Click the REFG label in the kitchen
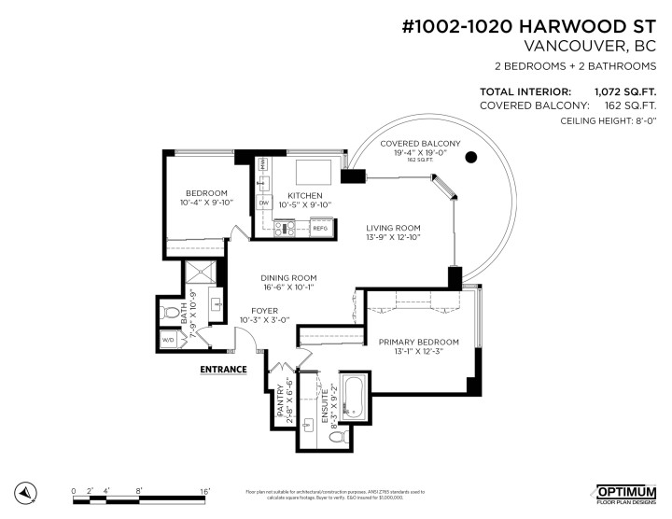tap(319, 227)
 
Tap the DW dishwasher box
tap(264, 203)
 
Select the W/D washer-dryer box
tap(169, 340)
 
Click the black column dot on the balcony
tap(471, 157)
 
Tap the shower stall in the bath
tap(198, 275)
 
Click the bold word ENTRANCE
tap(224, 369)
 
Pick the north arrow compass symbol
tap(28, 491)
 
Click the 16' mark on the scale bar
tap(203, 490)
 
